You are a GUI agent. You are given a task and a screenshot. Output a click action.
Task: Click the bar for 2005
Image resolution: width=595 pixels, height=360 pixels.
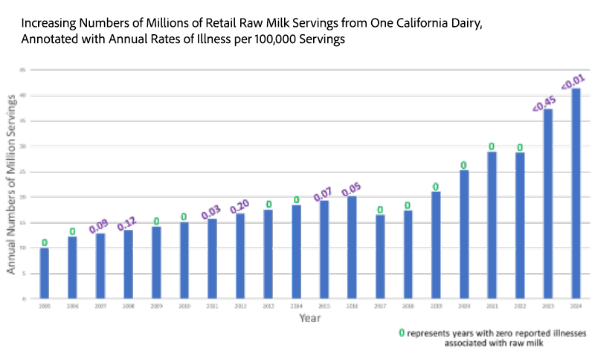45,273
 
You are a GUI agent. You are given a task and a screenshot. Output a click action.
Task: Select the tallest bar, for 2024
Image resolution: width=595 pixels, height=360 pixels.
576,193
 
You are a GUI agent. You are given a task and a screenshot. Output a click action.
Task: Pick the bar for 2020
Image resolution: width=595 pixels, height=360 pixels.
464,234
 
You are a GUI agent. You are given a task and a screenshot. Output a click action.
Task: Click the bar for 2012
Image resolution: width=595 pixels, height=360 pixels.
240,256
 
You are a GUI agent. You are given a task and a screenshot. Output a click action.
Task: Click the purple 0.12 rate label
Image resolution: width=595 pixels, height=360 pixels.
128,220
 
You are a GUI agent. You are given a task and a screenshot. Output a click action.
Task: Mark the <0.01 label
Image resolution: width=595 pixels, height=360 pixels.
573,79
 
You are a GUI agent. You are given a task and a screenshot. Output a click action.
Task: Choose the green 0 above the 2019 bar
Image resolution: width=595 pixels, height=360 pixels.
436,187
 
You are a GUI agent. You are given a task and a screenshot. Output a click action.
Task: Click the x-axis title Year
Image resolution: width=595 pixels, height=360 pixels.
309,318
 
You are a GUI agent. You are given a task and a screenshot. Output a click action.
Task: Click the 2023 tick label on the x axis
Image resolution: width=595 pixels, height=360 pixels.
547,306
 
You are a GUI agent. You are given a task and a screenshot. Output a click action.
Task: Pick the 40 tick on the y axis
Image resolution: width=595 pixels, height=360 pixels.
24,95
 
